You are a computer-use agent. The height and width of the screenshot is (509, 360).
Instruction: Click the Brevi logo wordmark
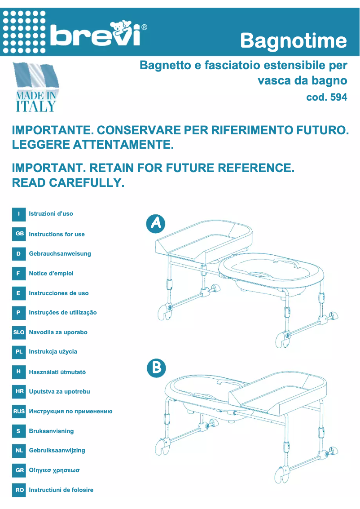(95, 34)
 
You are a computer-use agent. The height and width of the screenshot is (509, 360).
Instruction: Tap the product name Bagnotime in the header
(294, 41)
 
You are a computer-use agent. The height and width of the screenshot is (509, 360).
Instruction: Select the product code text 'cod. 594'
(326, 97)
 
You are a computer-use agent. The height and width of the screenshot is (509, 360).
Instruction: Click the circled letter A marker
(156, 224)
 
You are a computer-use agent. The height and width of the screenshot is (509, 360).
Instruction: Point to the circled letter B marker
(156, 368)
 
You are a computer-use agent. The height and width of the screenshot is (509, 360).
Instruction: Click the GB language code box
(19, 234)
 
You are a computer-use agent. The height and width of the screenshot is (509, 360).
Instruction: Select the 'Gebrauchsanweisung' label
(60, 254)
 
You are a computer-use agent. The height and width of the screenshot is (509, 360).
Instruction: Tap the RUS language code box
(19, 411)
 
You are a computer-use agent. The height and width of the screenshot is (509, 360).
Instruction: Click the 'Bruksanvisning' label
(51, 431)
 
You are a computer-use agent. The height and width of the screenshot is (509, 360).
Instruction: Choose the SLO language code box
(19, 332)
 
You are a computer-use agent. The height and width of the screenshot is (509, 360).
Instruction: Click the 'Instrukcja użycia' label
(53, 352)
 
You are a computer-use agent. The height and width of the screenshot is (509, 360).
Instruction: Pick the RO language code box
(19, 490)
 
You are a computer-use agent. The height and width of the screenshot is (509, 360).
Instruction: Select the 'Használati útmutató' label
(57, 372)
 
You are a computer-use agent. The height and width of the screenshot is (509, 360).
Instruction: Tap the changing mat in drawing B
(278, 391)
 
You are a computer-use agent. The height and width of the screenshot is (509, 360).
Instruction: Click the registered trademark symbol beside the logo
(144, 27)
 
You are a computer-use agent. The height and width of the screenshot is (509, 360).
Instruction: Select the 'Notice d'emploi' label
(51, 273)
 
